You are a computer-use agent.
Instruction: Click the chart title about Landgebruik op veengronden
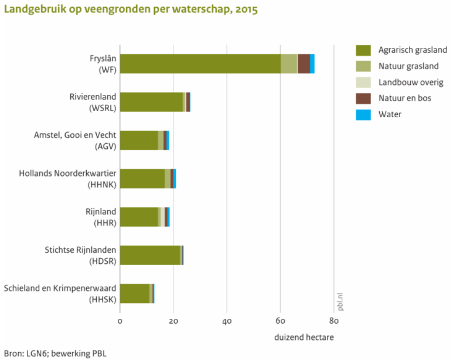pyautogui.click(x=131, y=10)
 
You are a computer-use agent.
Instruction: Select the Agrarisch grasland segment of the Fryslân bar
pyautogui.click(x=200, y=64)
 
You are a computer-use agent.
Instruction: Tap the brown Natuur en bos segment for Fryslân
pyautogui.click(x=304, y=64)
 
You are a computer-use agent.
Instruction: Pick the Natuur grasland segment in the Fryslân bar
pyautogui.click(x=289, y=64)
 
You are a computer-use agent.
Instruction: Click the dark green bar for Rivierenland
pyautogui.click(x=151, y=102)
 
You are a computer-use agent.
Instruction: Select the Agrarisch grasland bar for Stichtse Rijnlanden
pyautogui.click(x=150, y=255)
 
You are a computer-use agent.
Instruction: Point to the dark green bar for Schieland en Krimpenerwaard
pyautogui.click(x=135, y=293)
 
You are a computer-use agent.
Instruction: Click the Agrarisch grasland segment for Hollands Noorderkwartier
pyautogui.click(x=142, y=179)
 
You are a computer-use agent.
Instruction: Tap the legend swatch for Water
pyautogui.click(x=363, y=114)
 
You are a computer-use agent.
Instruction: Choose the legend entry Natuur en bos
pyautogui.click(x=405, y=98)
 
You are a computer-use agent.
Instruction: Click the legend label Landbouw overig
pyautogui.click(x=411, y=82)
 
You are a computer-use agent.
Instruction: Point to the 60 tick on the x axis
pyautogui.click(x=281, y=321)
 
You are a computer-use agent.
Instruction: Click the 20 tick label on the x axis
pyautogui.click(x=173, y=321)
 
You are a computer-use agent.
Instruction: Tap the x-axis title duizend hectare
pyautogui.click(x=304, y=337)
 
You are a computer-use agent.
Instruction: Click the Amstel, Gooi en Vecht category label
pyautogui.click(x=75, y=135)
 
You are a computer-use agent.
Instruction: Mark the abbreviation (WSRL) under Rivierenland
pyautogui.click(x=102, y=108)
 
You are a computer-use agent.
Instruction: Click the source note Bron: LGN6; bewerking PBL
pyautogui.click(x=53, y=354)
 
